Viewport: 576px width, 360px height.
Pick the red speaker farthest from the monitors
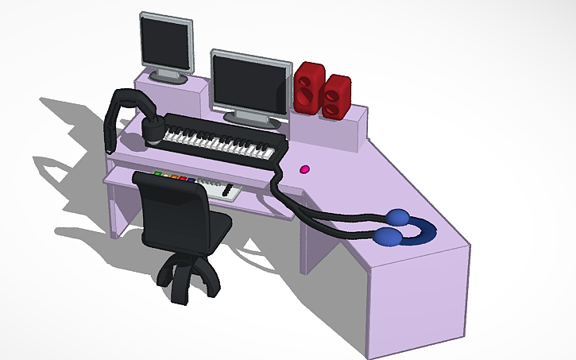(337, 97)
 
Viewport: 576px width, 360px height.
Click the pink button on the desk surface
(303, 169)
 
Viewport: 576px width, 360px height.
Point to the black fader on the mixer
(230, 192)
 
